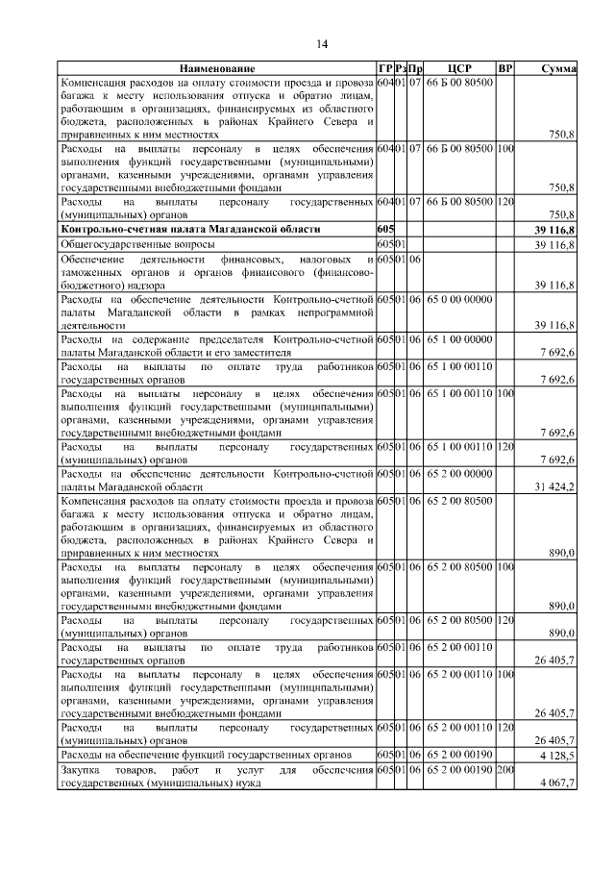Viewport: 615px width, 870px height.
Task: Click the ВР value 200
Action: click(505, 770)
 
